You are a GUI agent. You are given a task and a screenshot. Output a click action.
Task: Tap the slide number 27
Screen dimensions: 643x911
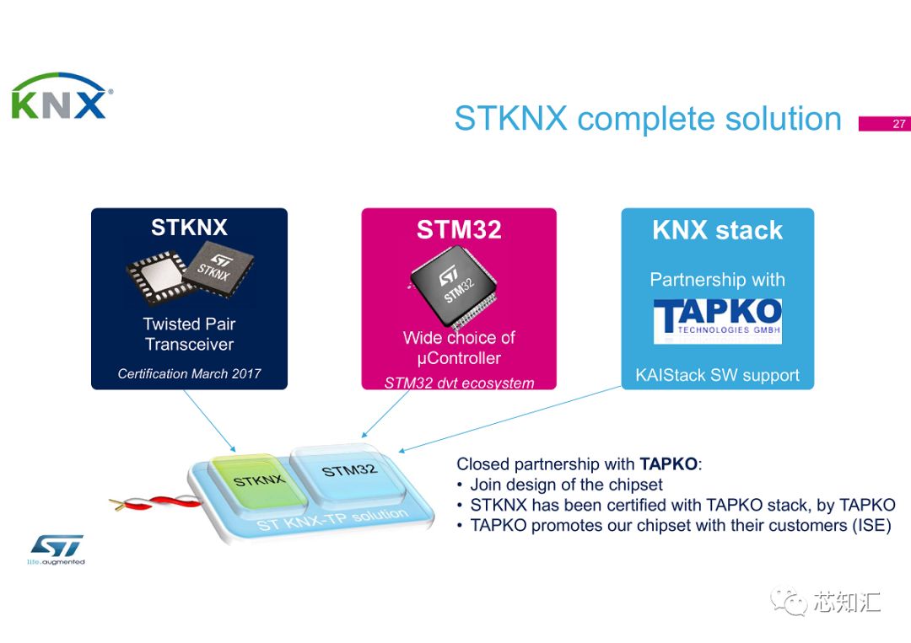(898, 124)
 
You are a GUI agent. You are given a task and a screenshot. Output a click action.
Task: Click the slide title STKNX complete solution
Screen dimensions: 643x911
(647, 119)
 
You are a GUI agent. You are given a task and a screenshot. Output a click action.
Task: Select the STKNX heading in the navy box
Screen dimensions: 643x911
(189, 228)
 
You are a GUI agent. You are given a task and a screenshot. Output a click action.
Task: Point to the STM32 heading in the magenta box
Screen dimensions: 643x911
(459, 230)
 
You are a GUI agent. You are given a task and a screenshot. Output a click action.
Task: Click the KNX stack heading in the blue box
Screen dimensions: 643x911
(717, 230)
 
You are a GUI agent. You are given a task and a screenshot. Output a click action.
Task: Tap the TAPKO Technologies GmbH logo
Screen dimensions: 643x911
(717, 321)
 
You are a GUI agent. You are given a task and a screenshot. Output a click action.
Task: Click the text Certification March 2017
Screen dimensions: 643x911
(189, 373)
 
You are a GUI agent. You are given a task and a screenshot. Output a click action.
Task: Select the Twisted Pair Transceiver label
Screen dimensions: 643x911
(189, 334)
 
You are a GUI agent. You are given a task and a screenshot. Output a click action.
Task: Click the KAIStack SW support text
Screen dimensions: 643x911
(717, 375)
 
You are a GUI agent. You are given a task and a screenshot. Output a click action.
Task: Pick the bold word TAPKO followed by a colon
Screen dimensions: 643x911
(670, 463)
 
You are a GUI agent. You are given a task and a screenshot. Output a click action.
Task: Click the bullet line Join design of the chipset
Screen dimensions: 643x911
(566, 485)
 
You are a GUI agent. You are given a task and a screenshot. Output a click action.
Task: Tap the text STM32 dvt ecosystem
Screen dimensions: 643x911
(459, 383)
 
